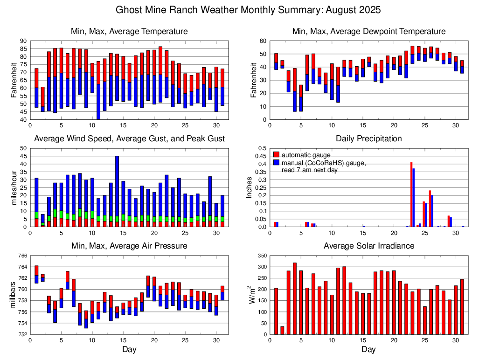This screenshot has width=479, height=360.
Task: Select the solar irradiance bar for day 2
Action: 282,330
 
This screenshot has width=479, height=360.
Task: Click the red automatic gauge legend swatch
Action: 277,154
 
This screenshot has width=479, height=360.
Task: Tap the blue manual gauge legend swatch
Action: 277,163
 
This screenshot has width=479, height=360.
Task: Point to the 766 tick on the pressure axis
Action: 21,256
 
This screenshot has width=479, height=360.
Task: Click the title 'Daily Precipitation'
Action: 368,138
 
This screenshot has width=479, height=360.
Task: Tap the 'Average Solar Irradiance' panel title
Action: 368,246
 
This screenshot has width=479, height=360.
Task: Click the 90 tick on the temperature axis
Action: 23,41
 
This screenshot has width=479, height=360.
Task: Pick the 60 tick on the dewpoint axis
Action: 262,41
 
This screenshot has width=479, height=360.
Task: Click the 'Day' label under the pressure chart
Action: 129,349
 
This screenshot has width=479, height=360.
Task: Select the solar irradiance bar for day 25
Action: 424,320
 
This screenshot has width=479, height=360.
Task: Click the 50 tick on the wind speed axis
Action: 23,148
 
